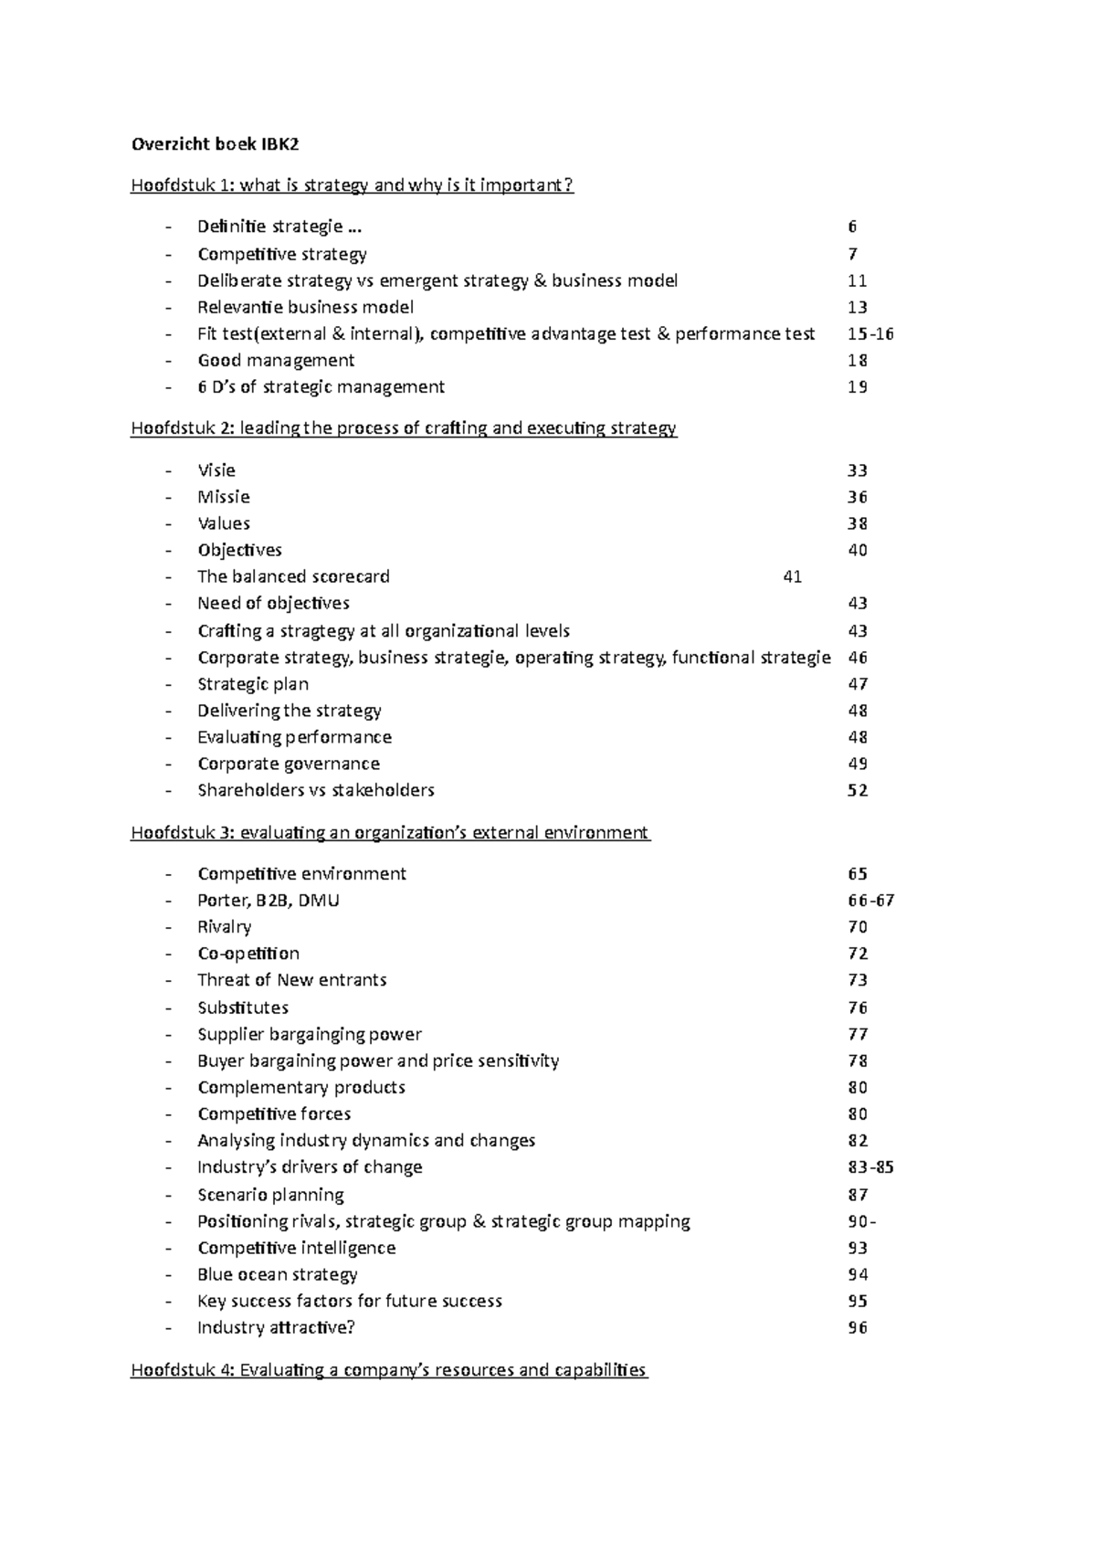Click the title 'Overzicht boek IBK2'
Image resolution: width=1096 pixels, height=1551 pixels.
[x=215, y=143]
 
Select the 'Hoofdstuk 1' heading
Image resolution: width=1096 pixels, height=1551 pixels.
[x=352, y=185]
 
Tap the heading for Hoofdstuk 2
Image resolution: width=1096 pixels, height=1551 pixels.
[x=403, y=428]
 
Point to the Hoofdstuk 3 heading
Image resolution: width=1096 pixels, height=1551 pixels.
[x=390, y=832]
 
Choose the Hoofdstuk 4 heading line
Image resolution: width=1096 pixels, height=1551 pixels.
[x=389, y=1370]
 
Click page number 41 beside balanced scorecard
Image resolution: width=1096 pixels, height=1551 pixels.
[x=793, y=576]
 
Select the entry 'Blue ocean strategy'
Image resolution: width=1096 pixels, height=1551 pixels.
[x=278, y=1274]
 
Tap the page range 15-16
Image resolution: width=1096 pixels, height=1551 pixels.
[x=870, y=333]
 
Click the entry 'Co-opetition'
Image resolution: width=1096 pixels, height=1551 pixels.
[x=248, y=953]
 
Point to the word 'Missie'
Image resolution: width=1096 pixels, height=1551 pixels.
[x=224, y=497]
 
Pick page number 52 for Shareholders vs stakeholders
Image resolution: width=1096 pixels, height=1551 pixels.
[x=858, y=790]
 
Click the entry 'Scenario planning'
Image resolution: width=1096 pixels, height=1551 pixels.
[x=271, y=1195]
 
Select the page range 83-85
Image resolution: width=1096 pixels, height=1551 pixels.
[x=870, y=1166]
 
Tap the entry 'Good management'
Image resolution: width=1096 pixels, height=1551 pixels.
[x=276, y=360]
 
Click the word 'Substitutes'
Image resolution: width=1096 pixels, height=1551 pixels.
[x=243, y=1008]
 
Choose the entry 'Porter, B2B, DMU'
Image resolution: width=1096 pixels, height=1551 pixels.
[x=269, y=900]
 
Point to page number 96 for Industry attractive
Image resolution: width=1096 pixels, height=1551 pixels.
[x=858, y=1327]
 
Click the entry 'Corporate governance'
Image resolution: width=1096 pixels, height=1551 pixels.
[x=289, y=764]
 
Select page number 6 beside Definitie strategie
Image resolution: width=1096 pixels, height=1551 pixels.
[x=852, y=227]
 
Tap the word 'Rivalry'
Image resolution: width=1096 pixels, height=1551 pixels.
[x=225, y=926]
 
